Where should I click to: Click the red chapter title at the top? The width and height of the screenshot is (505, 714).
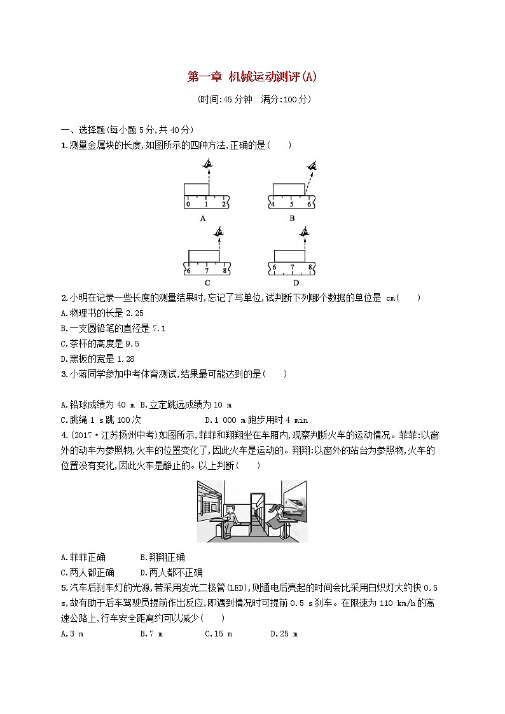point(252,78)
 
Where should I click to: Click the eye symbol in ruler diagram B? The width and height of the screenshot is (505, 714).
point(311,167)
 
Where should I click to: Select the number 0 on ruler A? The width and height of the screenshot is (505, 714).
point(188,204)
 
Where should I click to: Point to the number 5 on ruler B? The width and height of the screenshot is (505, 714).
point(291,204)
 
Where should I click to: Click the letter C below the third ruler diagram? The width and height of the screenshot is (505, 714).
point(207,282)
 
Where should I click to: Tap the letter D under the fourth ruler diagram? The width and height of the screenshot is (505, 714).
point(295,282)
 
